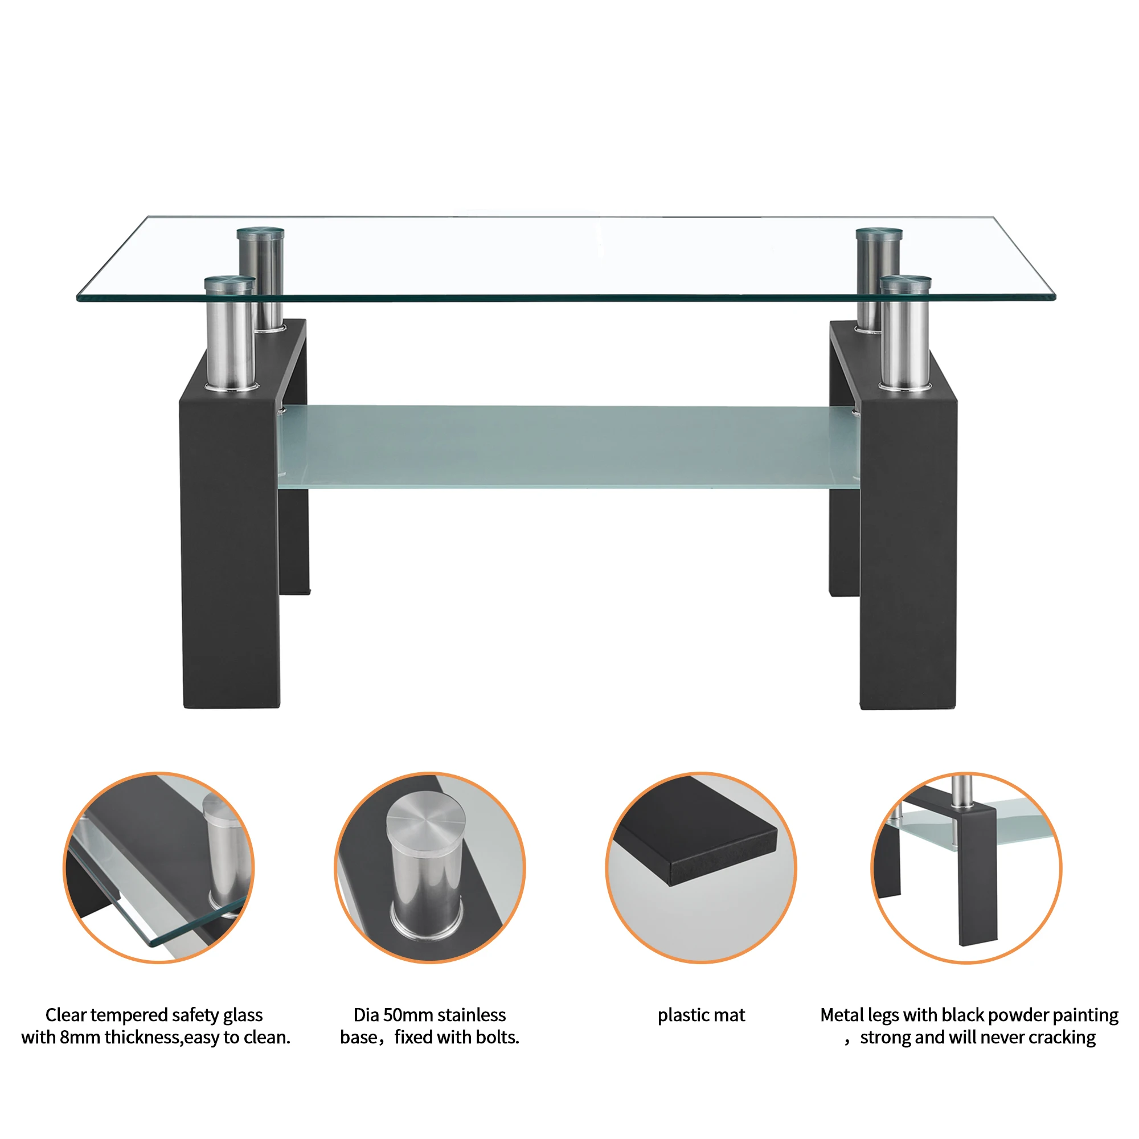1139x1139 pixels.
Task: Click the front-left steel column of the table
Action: tap(230, 342)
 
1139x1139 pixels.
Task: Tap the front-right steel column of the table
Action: tap(905, 342)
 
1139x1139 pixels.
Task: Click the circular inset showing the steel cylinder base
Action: tap(430, 867)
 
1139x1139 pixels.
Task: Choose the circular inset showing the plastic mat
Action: tap(701, 867)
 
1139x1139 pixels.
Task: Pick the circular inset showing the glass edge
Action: tap(158, 867)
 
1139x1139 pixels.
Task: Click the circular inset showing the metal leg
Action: tap(967, 867)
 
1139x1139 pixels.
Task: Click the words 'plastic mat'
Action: tap(701, 1015)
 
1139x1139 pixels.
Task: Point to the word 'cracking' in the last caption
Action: tap(1061, 1038)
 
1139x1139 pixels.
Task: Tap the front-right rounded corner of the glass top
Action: tap(1052, 297)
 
